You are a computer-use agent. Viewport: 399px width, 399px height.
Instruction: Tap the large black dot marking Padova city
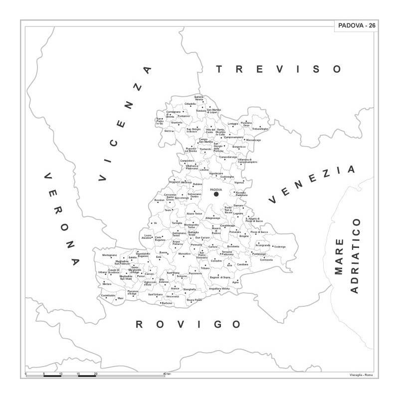(x=216, y=195)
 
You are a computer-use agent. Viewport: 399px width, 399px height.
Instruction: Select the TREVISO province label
(x=279, y=69)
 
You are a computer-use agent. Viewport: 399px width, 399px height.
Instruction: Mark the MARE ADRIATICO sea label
(x=348, y=261)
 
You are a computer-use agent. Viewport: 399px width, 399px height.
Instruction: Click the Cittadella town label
(x=191, y=104)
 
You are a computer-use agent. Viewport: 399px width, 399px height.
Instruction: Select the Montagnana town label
(x=110, y=255)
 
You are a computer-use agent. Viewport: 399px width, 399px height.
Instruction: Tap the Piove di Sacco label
(x=259, y=232)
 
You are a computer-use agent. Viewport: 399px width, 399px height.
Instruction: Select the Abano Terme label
(x=194, y=213)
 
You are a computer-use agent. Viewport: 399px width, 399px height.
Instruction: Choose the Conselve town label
(x=216, y=261)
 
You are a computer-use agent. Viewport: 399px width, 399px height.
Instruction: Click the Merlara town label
(x=107, y=285)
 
